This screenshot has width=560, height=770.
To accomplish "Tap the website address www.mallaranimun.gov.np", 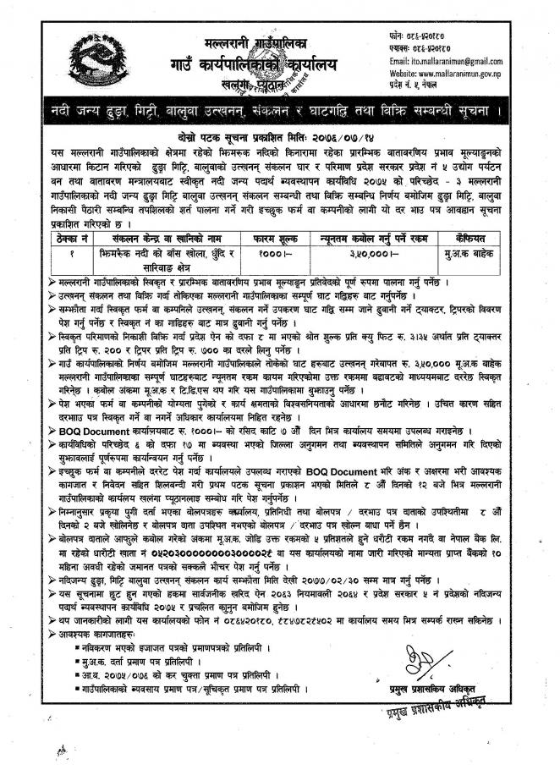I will pos(460,74).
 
